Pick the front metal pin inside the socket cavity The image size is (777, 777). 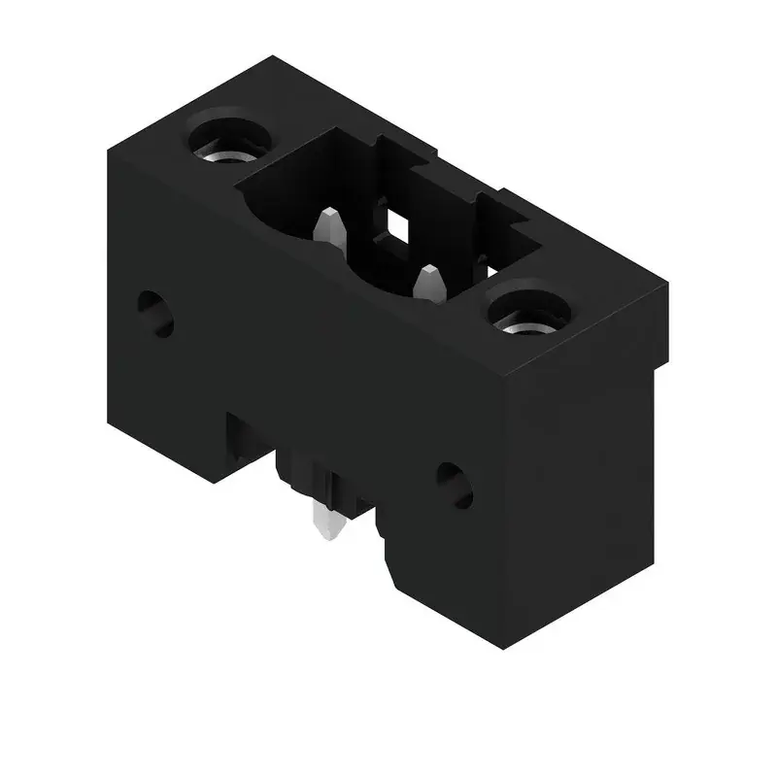[428, 287]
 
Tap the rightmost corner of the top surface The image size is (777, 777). [668, 282]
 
